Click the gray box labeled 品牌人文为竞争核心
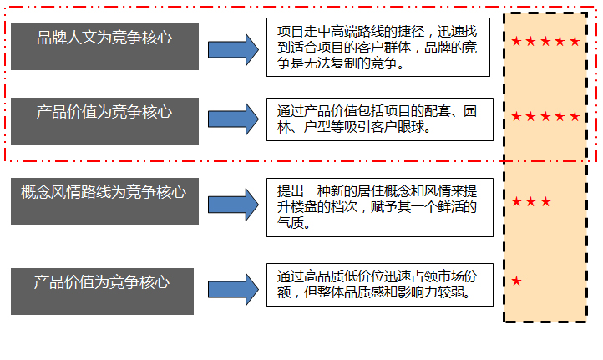pos(104,47)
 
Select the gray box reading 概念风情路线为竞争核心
pos(104,201)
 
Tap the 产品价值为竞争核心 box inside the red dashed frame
pos(104,121)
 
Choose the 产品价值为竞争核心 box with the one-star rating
pos(102,292)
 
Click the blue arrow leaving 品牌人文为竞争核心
pos(233,50)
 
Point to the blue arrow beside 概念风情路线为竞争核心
pos(233,205)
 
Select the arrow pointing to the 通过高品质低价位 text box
pos(233,290)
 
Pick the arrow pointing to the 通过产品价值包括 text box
pos(233,119)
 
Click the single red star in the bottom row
pos(516,281)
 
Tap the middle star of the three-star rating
pos(531,201)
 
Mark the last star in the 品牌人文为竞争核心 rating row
pos(575,41)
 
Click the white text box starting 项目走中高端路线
pos(378,48)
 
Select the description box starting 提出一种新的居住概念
pos(379,208)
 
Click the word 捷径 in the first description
pos(411,31)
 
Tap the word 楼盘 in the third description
pos(303,207)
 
